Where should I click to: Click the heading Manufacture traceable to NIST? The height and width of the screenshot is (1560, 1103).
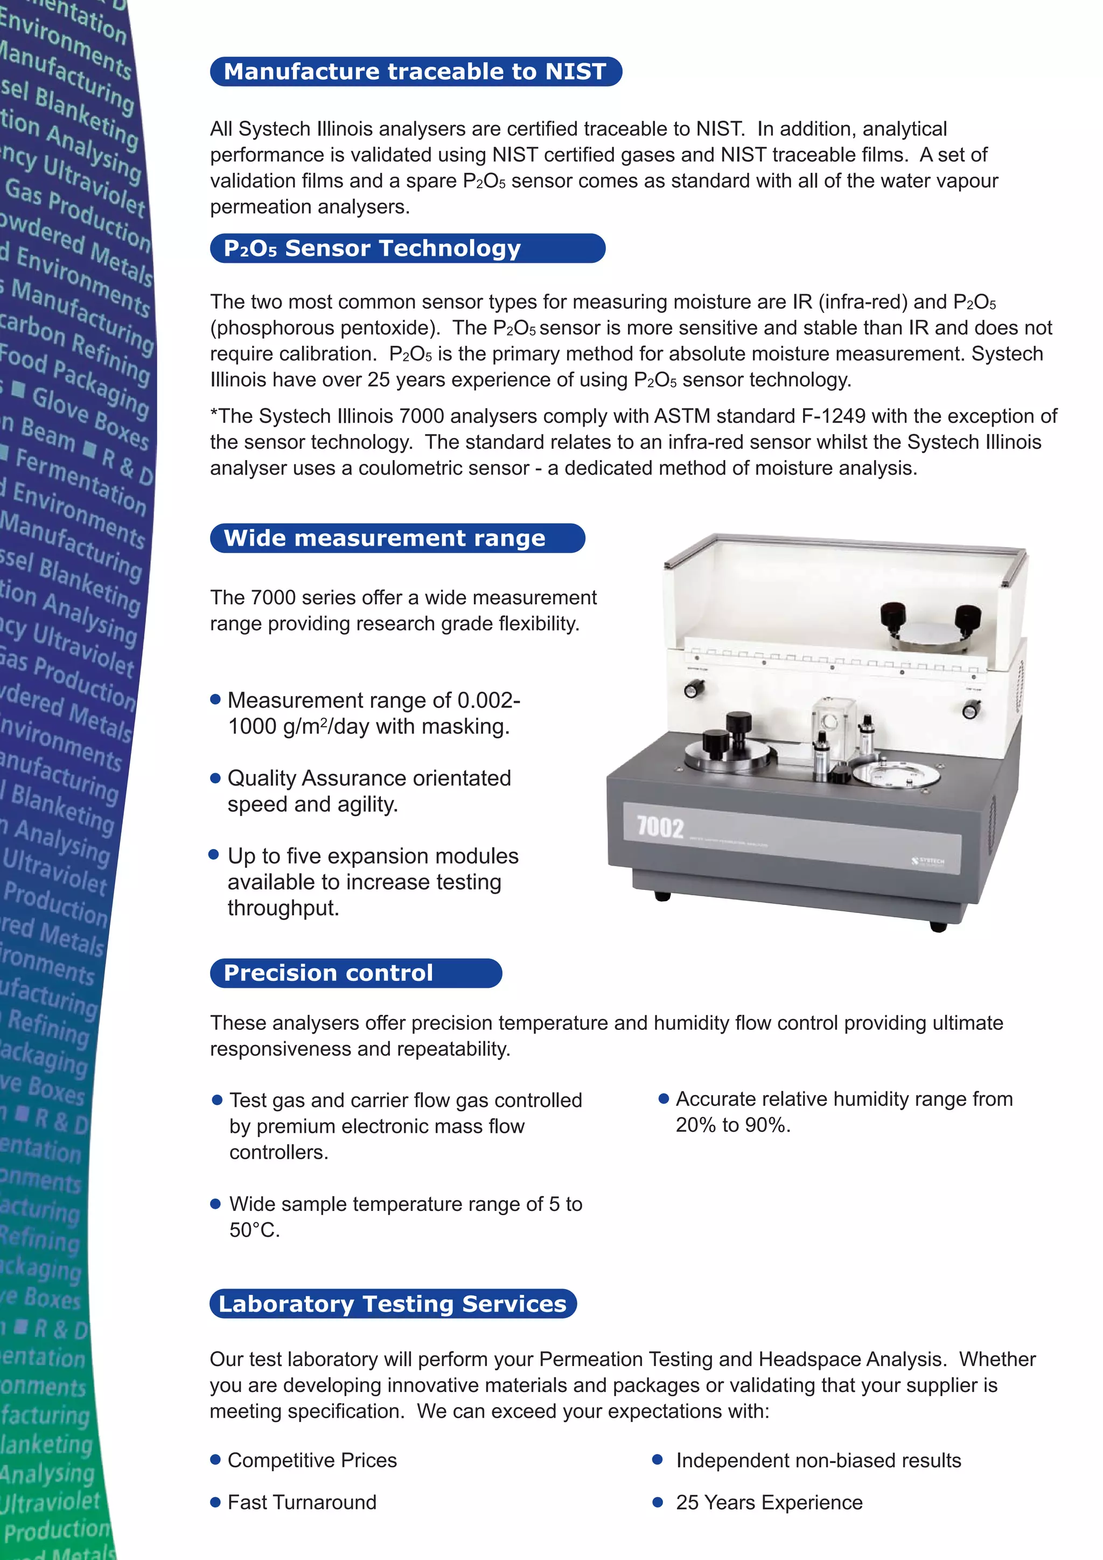pos(415,71)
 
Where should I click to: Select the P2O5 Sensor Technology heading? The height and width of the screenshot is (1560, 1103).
pos(372,248)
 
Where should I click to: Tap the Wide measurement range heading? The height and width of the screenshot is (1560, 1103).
pos(385,538)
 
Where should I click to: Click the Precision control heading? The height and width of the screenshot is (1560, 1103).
pos(328,973)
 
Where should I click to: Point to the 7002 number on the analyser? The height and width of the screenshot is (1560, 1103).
pos(660,827)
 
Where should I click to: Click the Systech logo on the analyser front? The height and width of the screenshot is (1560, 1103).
pos(928,861)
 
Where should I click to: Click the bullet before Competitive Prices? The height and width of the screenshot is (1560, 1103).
pos(216,1459)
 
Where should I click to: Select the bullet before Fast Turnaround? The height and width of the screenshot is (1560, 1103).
pos(216,1502)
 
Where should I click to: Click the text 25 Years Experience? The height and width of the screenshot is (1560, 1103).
pos(769,1502)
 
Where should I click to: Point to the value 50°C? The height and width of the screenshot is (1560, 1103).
pos(254,1230)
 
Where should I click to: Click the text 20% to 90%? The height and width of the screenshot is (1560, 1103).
pos(733,1125)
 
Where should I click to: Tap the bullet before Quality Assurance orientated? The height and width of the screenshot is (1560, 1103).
pos(216,778)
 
